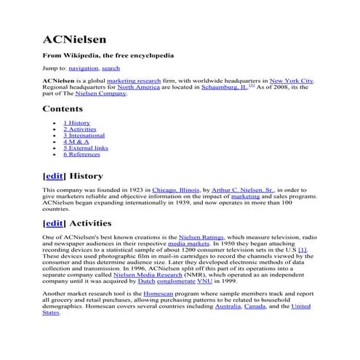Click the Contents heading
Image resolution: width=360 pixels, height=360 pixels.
pos(63,109)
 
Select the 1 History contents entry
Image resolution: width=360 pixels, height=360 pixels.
pos(76,123)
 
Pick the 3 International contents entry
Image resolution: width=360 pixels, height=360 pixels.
pos(85,135)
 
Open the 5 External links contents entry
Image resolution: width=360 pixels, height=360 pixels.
pos(85,148)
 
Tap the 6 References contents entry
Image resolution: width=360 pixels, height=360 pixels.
pos(81,154)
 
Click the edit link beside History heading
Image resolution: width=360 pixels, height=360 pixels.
pos(55,176)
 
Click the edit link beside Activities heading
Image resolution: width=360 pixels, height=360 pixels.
pos(55,223)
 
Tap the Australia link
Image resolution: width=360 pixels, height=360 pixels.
pos(229,306)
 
